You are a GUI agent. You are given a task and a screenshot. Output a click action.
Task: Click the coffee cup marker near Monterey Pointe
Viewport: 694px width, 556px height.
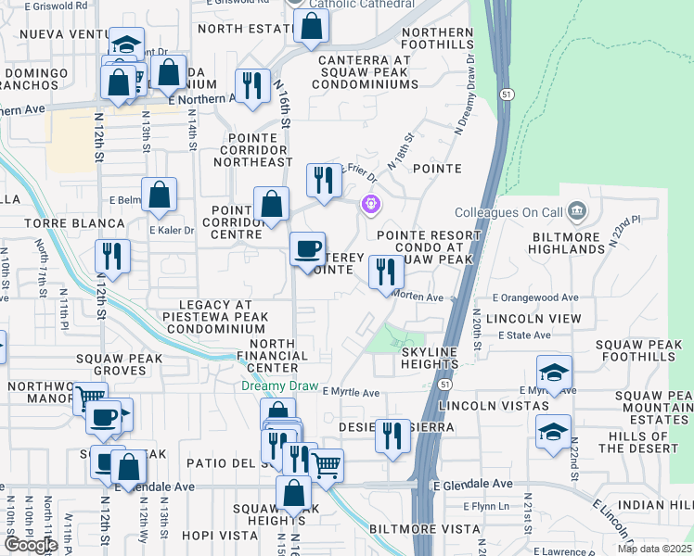[x=308, y=249]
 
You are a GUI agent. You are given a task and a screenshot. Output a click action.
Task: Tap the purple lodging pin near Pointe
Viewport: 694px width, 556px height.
[x=370, y=203]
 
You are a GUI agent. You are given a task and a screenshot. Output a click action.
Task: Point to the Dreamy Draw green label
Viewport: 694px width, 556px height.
[x=280, y=385]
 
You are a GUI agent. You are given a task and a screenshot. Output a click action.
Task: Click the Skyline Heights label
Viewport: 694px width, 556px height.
[x=430, y=359]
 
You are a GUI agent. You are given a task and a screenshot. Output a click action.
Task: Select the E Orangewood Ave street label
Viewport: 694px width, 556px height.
[x=535, y=297]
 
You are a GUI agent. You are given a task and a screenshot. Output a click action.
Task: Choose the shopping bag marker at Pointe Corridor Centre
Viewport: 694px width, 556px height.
[x=271, y=205]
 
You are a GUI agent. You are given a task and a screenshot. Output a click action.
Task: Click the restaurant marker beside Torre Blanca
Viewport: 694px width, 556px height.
[x=112, y=257]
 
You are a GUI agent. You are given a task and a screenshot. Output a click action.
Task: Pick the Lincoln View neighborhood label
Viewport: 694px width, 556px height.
[x=538, y=318]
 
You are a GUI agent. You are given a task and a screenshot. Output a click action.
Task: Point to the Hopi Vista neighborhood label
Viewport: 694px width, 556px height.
[x=219, y=536]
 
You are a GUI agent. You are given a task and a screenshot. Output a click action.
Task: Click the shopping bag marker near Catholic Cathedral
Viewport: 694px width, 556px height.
[x=312, y=28]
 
